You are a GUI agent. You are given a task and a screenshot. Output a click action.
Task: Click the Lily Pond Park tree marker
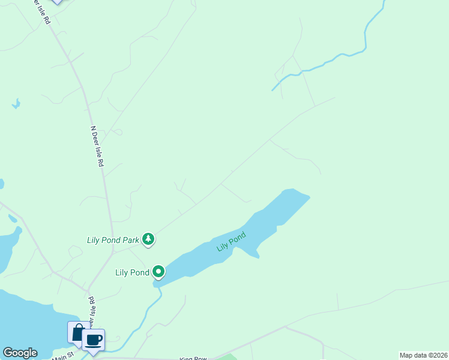coord(148,240)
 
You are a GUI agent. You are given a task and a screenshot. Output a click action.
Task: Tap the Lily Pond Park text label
coord(113,240)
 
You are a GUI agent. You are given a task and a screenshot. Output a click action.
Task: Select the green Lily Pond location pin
coord(158,272)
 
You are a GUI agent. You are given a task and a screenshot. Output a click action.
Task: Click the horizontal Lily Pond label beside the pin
coord(132,272)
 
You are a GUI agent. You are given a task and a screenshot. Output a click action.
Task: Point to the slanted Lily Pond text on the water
coord(231,242)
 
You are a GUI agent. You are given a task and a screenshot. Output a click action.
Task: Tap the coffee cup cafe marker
coord(93,340)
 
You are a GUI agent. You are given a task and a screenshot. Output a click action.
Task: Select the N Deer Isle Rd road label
coord(97,146)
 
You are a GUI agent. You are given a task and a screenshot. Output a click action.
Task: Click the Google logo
coord(20,353)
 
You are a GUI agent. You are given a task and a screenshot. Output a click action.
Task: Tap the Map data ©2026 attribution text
coord(423,355)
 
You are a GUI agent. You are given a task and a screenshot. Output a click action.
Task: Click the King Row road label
coord(193,358)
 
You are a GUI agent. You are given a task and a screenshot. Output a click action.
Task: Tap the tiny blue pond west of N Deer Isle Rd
coord(16,104)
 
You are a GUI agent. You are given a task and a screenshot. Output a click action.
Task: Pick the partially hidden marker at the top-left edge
coord(56,2)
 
